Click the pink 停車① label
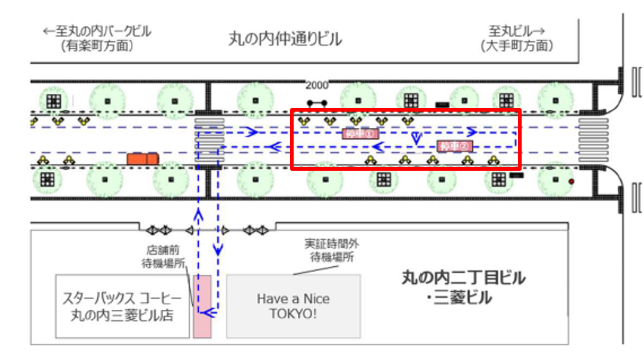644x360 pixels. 360,134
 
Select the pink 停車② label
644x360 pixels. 454,146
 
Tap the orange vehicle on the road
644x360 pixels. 142,159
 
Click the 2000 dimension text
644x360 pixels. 317,85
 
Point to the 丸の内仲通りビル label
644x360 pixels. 285,39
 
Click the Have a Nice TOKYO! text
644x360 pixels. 292,306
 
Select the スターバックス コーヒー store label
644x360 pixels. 118,306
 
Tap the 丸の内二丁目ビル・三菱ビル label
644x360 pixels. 463,287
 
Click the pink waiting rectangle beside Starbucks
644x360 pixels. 202,306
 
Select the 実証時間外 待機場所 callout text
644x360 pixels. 331,251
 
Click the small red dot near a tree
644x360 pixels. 571,181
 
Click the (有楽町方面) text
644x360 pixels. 97,46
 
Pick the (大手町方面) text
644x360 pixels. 517,46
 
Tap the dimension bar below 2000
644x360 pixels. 317,103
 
